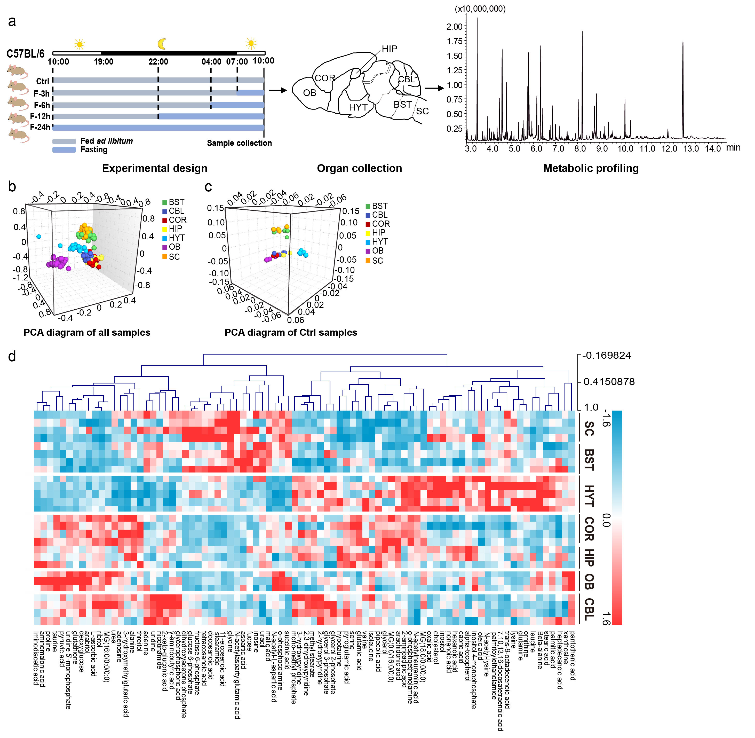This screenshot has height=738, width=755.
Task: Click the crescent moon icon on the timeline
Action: click(162, 44)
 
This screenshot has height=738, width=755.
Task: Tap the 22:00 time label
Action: click(158, 62)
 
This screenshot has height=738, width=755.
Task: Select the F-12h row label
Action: click(40, 116)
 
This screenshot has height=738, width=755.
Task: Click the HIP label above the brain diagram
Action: click(389, 49)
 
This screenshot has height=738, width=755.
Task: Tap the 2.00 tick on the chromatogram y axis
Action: click(454, 27)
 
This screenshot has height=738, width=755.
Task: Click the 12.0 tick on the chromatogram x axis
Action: click(669, 148)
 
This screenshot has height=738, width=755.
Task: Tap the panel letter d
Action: click(12, 356)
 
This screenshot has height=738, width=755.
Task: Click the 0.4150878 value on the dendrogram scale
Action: click(609, 382)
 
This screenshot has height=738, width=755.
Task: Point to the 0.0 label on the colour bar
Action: click(606, 520)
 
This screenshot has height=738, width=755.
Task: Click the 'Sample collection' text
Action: click(239, 143)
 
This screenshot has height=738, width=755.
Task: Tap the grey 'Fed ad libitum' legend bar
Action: click(64, 142)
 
